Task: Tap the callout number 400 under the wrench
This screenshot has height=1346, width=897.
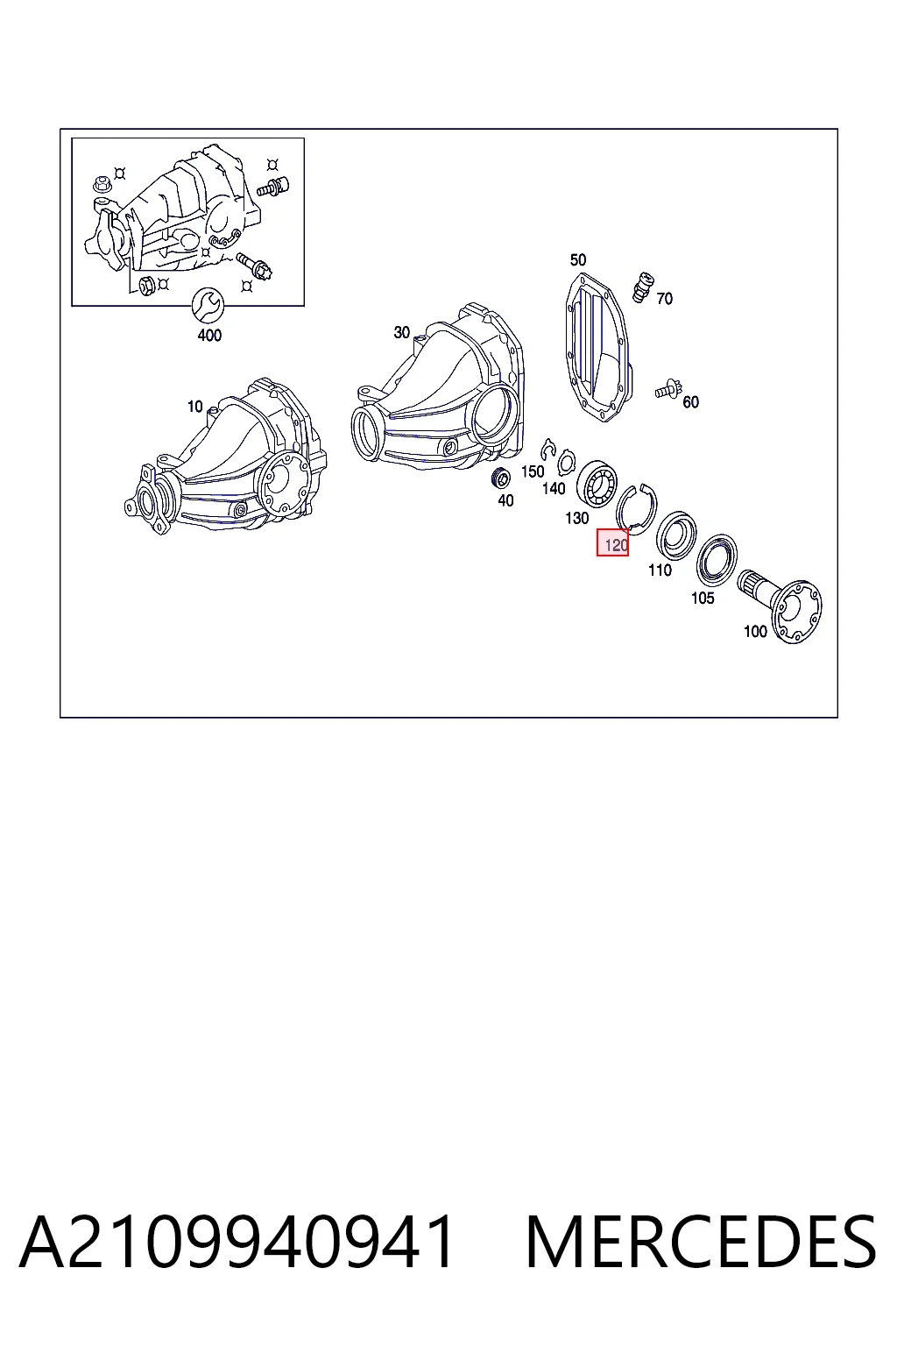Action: pos(209,336)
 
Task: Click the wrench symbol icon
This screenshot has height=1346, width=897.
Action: pos(208,306)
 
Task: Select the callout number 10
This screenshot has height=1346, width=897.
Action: pos(194,407)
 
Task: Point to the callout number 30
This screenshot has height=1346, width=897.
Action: pos(401,332)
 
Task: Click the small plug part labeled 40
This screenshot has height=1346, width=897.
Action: pos(500,478)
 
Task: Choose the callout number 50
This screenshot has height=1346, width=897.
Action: pos(577,259)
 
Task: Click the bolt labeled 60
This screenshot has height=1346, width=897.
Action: pos(667,389)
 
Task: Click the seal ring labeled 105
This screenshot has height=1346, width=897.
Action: pos(717,559)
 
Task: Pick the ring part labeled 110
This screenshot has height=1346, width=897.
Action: pos(676,535)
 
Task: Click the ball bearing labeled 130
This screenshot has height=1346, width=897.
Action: pos(597,483)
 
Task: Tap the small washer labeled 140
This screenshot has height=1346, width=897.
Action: pos(565,464)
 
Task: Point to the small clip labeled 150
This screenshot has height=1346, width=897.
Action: pos(547,450)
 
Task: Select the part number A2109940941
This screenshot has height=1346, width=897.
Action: pos(237,1242)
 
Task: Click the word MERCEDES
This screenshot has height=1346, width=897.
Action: pos(701,1242)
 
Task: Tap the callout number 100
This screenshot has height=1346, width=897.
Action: pos(755,631)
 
